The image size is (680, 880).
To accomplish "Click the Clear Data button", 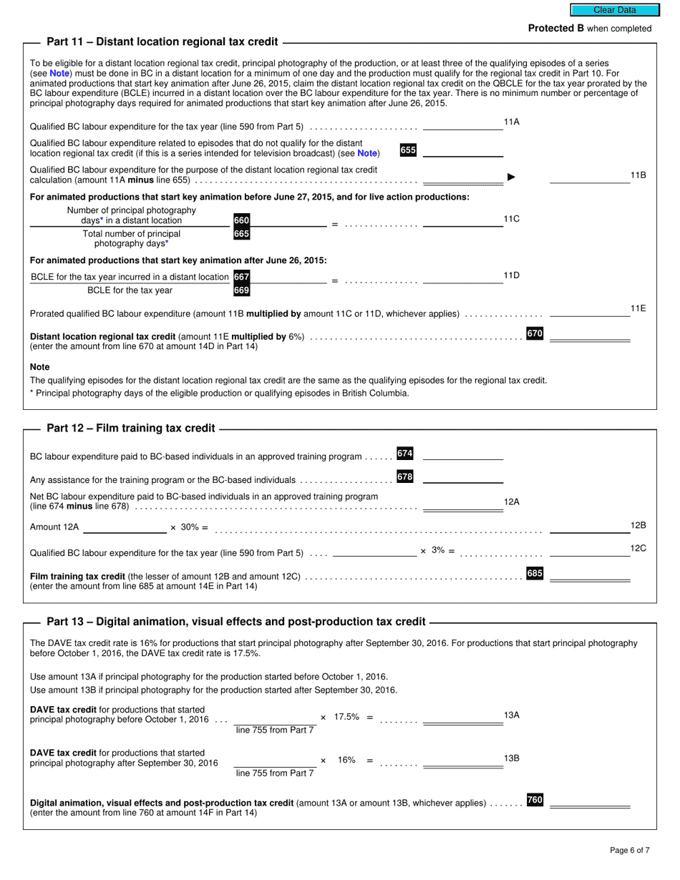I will click(614, 10).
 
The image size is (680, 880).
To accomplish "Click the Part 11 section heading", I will click(162, 41).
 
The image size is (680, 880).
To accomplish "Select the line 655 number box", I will click(408, 150).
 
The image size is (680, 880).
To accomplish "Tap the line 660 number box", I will click(242, 220).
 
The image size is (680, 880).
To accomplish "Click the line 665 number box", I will click(242, 234).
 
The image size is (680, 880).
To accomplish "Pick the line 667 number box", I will click(242, 277).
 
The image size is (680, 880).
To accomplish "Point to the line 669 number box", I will click(242, 290).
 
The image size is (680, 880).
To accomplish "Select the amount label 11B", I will click(638, 175).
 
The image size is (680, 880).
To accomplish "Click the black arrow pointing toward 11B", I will click(511, 177).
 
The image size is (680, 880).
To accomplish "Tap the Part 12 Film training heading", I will click(130, 428).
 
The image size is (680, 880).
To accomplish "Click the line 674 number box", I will click(405, 454).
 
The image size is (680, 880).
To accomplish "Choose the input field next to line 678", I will click(462, 477).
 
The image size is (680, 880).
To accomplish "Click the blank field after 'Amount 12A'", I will click(125, 527).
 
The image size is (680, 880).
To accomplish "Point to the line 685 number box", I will click(535, 573).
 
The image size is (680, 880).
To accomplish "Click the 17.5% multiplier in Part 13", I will click(346, 716).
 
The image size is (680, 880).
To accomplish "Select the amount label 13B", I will click(511, 758).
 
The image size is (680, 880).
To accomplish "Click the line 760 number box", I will click(535, 800).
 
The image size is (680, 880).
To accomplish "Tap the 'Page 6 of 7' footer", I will click(630, 850).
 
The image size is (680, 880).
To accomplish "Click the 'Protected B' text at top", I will click(555, 29).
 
